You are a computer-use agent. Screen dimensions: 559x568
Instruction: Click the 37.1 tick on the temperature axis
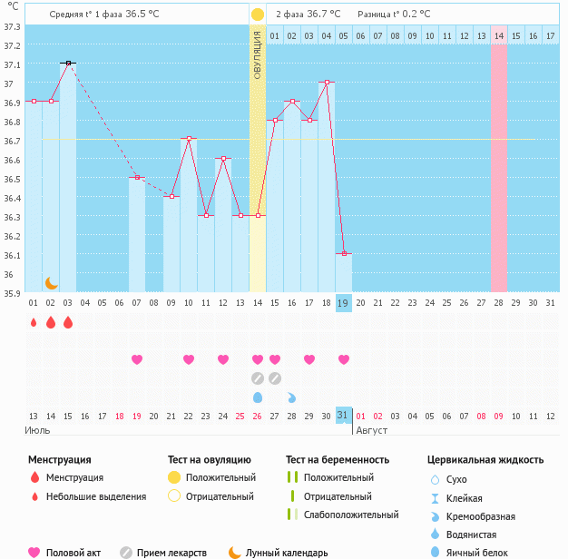pos(12,65)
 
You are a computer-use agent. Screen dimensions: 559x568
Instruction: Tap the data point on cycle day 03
pos(68,63)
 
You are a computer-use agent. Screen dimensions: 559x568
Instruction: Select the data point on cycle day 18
pos(327,82)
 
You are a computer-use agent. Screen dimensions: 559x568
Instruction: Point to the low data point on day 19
pos(344,253)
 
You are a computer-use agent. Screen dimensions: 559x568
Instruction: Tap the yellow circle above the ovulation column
pos(258,15)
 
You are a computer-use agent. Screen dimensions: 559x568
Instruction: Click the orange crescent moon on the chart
pos(52,283)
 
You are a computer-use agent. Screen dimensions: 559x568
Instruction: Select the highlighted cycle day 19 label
pos(343,303)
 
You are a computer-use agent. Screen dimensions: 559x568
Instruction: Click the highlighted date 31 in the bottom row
pos(343,415)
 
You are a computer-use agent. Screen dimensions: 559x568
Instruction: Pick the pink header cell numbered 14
pos(499,35)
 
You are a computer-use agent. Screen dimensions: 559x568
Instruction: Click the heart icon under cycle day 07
pos(137,359)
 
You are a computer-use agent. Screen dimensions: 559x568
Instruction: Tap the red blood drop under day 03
pos(68,322)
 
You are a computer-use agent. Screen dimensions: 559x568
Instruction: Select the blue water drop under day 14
pos(258,397)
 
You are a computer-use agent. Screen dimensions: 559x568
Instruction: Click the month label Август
pos(372,430)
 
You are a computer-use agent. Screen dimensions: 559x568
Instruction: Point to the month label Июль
pos(37,430)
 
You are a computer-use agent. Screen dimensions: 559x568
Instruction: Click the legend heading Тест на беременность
pos(338,460)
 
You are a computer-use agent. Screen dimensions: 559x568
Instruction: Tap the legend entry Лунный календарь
pos(287,553)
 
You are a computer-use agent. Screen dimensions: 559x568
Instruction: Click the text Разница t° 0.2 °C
pos(394,15)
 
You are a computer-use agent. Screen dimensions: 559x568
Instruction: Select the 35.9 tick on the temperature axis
pos(12,293)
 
